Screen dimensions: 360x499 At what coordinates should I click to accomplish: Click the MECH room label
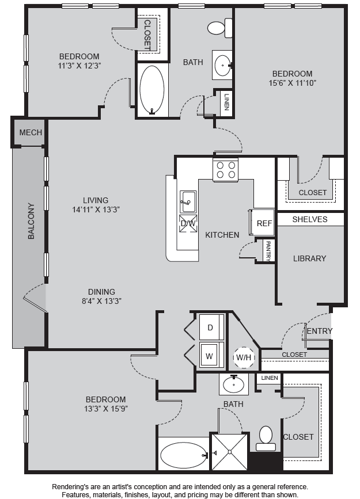click(31, 132)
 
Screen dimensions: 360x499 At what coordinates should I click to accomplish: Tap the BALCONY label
click(31, 221)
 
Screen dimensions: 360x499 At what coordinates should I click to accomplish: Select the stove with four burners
click(226, 170)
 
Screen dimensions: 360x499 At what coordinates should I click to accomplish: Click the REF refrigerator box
click(263, 223)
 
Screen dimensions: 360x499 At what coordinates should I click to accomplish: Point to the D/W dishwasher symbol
click(188, 223)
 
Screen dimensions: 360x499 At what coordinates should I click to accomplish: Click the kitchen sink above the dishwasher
click(188, 201)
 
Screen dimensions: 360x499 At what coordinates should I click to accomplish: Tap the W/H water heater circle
click(244, 357)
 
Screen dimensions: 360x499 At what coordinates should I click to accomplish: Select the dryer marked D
click(211, 327)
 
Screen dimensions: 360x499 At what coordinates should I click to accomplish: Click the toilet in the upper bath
click(220, 28)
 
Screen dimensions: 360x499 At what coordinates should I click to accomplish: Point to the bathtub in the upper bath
click(152, 89)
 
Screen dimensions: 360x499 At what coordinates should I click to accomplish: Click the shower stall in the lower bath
click(229, 451)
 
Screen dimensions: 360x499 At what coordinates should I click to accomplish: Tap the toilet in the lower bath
click(266, 439)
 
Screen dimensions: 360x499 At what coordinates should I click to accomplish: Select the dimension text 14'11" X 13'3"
click(96, 209)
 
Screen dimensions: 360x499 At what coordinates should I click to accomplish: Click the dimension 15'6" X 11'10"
click(292, 83)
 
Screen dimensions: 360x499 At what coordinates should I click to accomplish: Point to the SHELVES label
click(310, 219)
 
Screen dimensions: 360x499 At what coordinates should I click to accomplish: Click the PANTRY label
click(268, 251)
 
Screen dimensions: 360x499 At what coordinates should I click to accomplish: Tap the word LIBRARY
click(310, 258)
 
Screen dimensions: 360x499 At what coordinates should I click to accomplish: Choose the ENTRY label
click(320, 331)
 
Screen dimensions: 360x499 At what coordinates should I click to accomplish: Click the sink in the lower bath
click(234, 384)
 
